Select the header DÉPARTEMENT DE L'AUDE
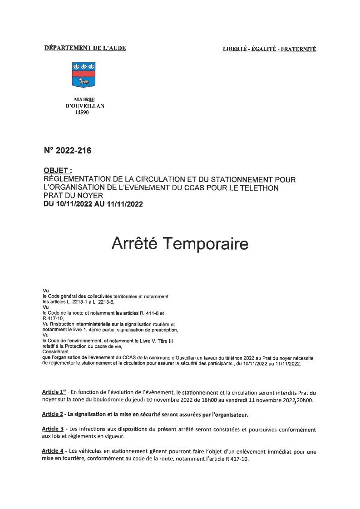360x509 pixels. coord(85,48)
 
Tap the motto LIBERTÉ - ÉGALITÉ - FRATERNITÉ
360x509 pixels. coord(269,49)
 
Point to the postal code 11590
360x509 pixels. coord(82,113)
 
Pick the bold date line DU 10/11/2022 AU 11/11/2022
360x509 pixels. coord(93,204)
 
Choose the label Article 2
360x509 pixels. coord(52,415)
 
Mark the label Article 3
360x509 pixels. coord(52,429)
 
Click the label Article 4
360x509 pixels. coord(52,451)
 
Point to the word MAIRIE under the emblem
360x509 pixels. coord(84,99)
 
